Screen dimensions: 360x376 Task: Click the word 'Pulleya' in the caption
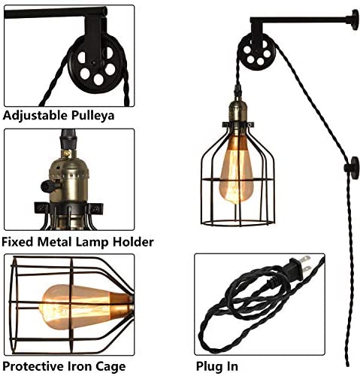pyautogui.click(x=93, y=116)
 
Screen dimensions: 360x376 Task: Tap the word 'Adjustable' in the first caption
pyautogui.click(x=35, y=116)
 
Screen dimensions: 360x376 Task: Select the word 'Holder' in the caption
pyautogui.click(x=133, y=242)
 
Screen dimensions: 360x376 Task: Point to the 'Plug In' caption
pyautogui.click(x=217, y=366)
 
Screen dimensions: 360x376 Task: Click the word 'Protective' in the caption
pyautogui.click(x=34, y=366)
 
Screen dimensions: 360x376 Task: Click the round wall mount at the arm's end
pyautogui.click(x=355, y=20)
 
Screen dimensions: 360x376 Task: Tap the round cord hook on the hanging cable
pyautogui.click(x=352, y=168)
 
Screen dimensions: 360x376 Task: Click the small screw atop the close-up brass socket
pyautogui.click(x=66, y=153)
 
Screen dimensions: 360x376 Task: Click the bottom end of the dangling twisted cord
pyautogui.click(x=347, y=364)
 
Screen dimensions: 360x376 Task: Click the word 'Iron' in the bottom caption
pyautogui.click(x=80, y=366)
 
